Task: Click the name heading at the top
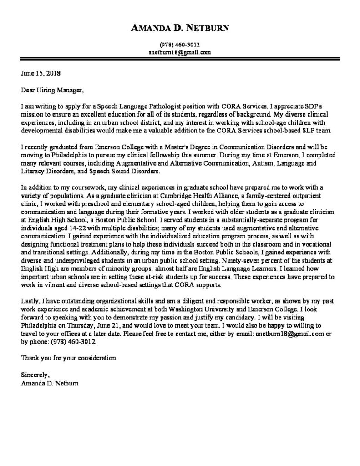click(180, 29)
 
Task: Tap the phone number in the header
click(180, 45)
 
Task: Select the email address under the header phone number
click(180, 52)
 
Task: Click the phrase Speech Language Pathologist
click(144, 106)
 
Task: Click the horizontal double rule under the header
click(180, 60)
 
